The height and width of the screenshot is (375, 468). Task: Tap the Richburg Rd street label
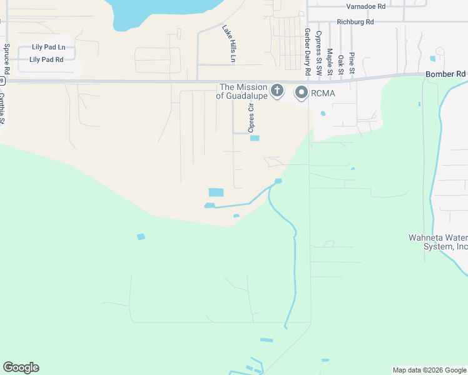(355, 21)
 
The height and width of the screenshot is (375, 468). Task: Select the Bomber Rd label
(445, 74)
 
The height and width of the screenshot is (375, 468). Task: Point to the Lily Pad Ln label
(49, 47)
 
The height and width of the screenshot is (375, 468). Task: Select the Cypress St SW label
(318, 53)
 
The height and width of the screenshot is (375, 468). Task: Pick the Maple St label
(330, 62)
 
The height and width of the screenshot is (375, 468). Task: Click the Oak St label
(341, 65)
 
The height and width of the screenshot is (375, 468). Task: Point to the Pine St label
(352, 64)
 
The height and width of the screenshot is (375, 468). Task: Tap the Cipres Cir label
(252, 119)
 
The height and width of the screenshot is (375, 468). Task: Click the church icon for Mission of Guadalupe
(277, 91)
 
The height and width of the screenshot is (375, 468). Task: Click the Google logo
(21, 367)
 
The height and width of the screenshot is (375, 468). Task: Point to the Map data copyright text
(429, 370)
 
